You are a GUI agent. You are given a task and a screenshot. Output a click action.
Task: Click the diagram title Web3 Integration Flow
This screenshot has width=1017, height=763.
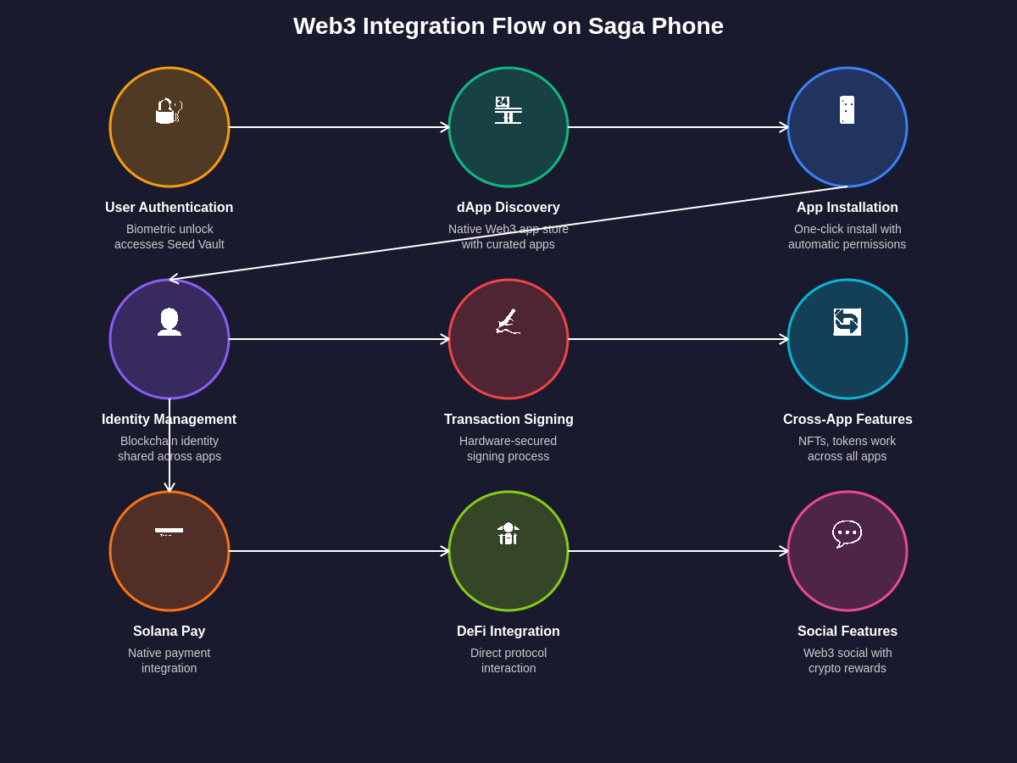tap(508, 26)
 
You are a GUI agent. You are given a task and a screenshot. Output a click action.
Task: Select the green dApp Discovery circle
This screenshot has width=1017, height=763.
tap(508, 148)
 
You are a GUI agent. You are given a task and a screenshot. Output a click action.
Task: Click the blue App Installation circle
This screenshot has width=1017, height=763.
tap(847, 148)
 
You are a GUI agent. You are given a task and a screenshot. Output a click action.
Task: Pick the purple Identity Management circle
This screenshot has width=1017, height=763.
tap(169, 360)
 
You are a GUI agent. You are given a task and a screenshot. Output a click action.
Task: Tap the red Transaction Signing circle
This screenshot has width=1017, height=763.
tap(508, 360)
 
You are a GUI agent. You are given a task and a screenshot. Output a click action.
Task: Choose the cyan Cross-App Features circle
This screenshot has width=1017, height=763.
tap(847, 360)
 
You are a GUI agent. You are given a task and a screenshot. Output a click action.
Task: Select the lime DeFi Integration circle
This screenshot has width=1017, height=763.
tap(508, 572)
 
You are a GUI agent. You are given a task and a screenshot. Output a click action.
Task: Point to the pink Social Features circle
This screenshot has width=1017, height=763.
tap(847, 572)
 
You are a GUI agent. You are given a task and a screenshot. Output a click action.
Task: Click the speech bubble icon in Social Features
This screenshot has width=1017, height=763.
tap(847, 533)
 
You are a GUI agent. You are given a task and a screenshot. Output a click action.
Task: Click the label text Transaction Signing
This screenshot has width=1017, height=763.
tap(508, 420)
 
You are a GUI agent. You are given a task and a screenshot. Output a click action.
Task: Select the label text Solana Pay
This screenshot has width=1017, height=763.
tap(169, 632)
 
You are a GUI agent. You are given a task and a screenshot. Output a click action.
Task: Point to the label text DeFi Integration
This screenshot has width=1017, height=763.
tap(508, 632)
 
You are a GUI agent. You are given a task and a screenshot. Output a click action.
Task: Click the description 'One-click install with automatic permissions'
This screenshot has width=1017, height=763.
tap(847, 237)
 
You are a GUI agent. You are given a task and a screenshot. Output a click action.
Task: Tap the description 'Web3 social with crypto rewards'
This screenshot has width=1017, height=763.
tap(847, 660)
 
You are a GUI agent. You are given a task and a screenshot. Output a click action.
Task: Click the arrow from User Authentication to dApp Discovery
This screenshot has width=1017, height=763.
tap(339, 127)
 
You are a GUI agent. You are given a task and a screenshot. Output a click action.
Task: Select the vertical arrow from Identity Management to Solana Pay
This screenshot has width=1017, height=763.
tap(169, 445)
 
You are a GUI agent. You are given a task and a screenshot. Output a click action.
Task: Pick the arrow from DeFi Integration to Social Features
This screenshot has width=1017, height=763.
tap(678, 551)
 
